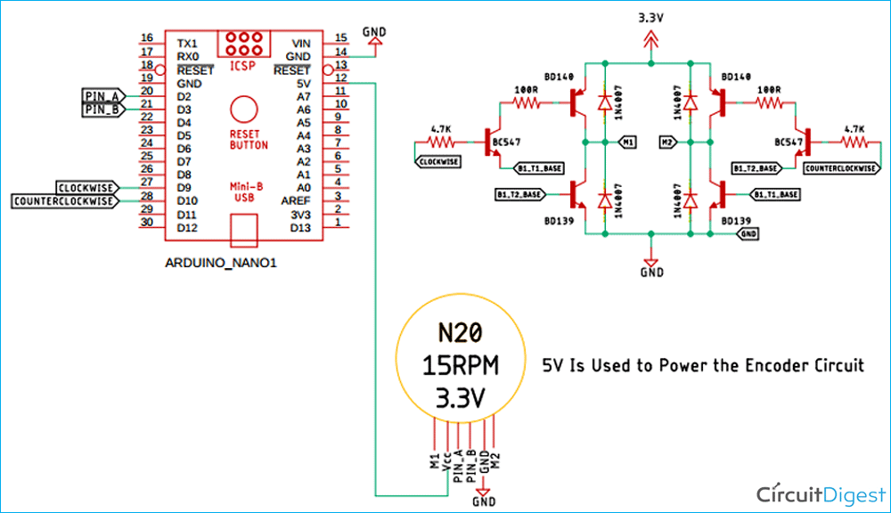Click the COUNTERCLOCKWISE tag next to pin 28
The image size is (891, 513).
65,201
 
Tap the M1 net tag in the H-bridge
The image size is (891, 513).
628,141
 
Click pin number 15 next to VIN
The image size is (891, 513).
340,37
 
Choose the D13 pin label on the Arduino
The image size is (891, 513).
298,228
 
